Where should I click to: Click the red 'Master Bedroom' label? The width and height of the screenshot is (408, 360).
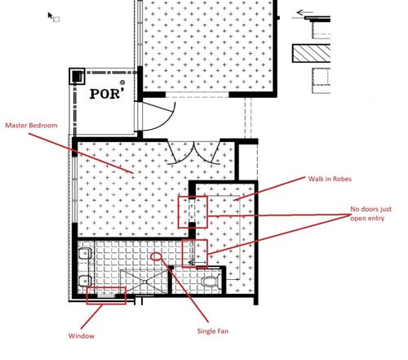31,125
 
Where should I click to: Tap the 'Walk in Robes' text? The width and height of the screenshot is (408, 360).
330,179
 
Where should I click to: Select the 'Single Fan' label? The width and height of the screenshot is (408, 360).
213,331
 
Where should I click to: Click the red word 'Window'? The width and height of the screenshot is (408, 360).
82,336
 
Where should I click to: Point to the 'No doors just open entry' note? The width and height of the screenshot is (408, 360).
370,214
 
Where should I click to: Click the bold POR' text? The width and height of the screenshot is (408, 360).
107,94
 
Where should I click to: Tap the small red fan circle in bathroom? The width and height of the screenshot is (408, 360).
156,256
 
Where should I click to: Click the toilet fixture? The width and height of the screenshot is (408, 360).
211,282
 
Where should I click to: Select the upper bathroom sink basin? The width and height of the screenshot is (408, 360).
85,254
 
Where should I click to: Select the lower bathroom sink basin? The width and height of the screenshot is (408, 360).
85,281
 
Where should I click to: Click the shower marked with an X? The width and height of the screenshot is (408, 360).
144,282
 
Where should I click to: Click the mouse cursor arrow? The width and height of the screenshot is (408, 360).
51,16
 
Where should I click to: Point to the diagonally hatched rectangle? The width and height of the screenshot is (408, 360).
312,53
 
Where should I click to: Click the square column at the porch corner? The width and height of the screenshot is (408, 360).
77,76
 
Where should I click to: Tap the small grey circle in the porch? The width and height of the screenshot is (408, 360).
122,82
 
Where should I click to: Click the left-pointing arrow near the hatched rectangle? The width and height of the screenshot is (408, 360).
304,12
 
